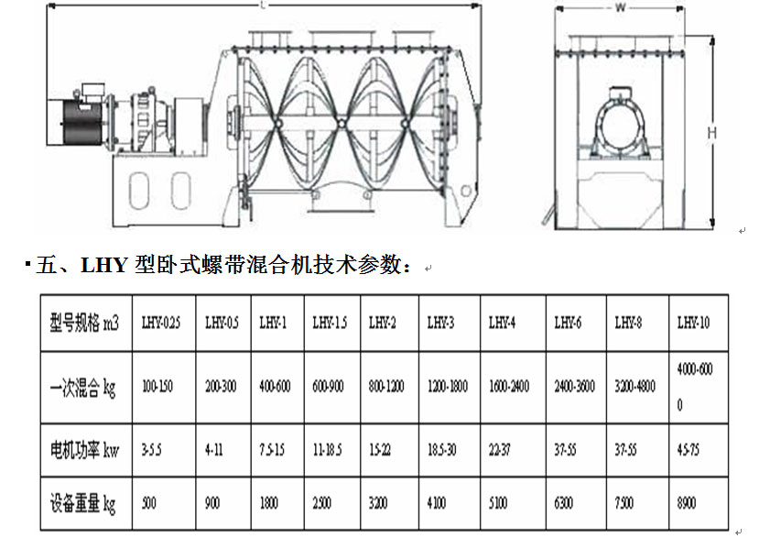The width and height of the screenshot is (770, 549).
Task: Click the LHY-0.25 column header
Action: click(160, 323)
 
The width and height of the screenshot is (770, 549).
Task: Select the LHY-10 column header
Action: click(693, 323)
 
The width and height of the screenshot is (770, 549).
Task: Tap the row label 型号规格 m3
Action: click(84, 323)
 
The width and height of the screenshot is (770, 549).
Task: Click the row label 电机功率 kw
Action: click(84, 450)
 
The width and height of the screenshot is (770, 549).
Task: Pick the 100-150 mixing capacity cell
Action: click(157, 387)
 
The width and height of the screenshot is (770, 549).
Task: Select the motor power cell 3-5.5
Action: click(153, 450)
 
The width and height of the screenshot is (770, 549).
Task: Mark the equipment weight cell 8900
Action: click(687, 503)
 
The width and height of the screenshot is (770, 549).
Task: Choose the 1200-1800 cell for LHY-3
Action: click(448, 387)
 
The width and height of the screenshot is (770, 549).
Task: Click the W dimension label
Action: click(620, 8)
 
